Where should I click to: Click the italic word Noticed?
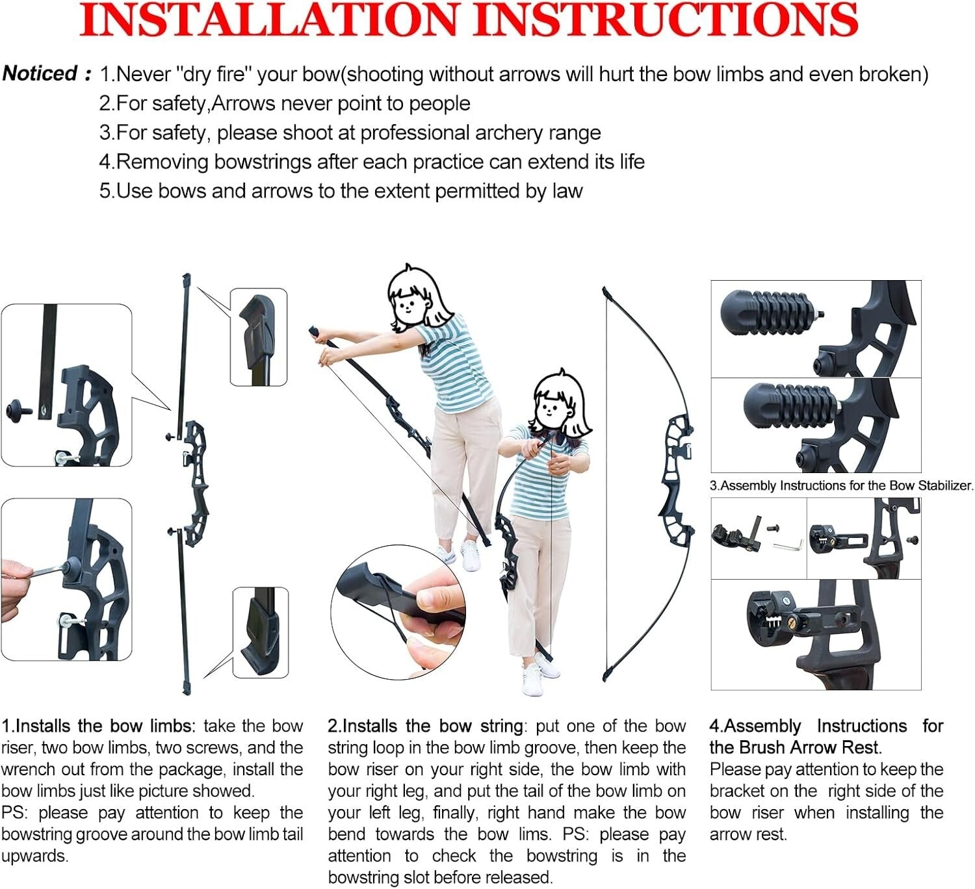tap(40, 73)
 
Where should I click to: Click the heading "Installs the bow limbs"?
tap(105, 726)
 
